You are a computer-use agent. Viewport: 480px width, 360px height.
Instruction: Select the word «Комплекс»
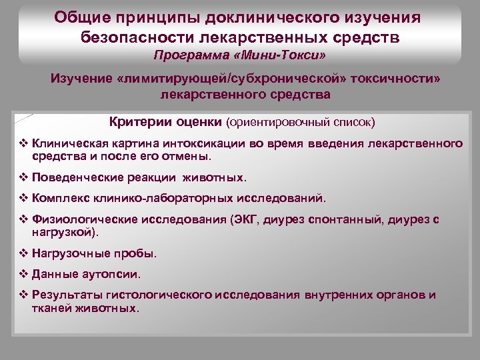coord(57,198)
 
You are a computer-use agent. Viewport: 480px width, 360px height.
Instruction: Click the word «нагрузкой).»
coord(65,232)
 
